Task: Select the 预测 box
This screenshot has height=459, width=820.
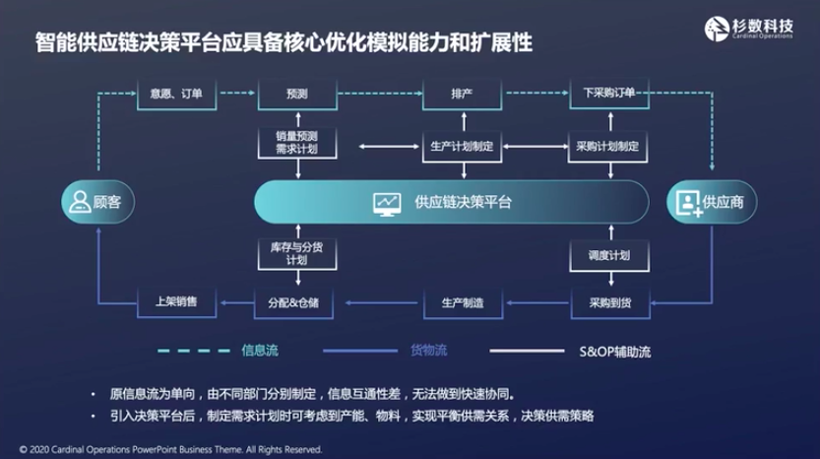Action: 296,94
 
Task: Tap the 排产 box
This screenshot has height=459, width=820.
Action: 462,94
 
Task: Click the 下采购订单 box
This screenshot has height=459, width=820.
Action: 608,94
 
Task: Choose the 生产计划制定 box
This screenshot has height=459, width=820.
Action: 462,146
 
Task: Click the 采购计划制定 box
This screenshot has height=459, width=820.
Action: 608,146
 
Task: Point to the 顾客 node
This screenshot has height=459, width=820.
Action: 97,202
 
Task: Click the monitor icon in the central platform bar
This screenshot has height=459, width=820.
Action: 387,203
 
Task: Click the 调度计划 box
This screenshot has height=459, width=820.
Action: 608,255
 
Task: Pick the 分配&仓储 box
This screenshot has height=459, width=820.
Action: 296,301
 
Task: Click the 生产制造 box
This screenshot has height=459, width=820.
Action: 462,301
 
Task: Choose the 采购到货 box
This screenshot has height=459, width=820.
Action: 608,301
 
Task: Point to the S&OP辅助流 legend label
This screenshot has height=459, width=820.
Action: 614,351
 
